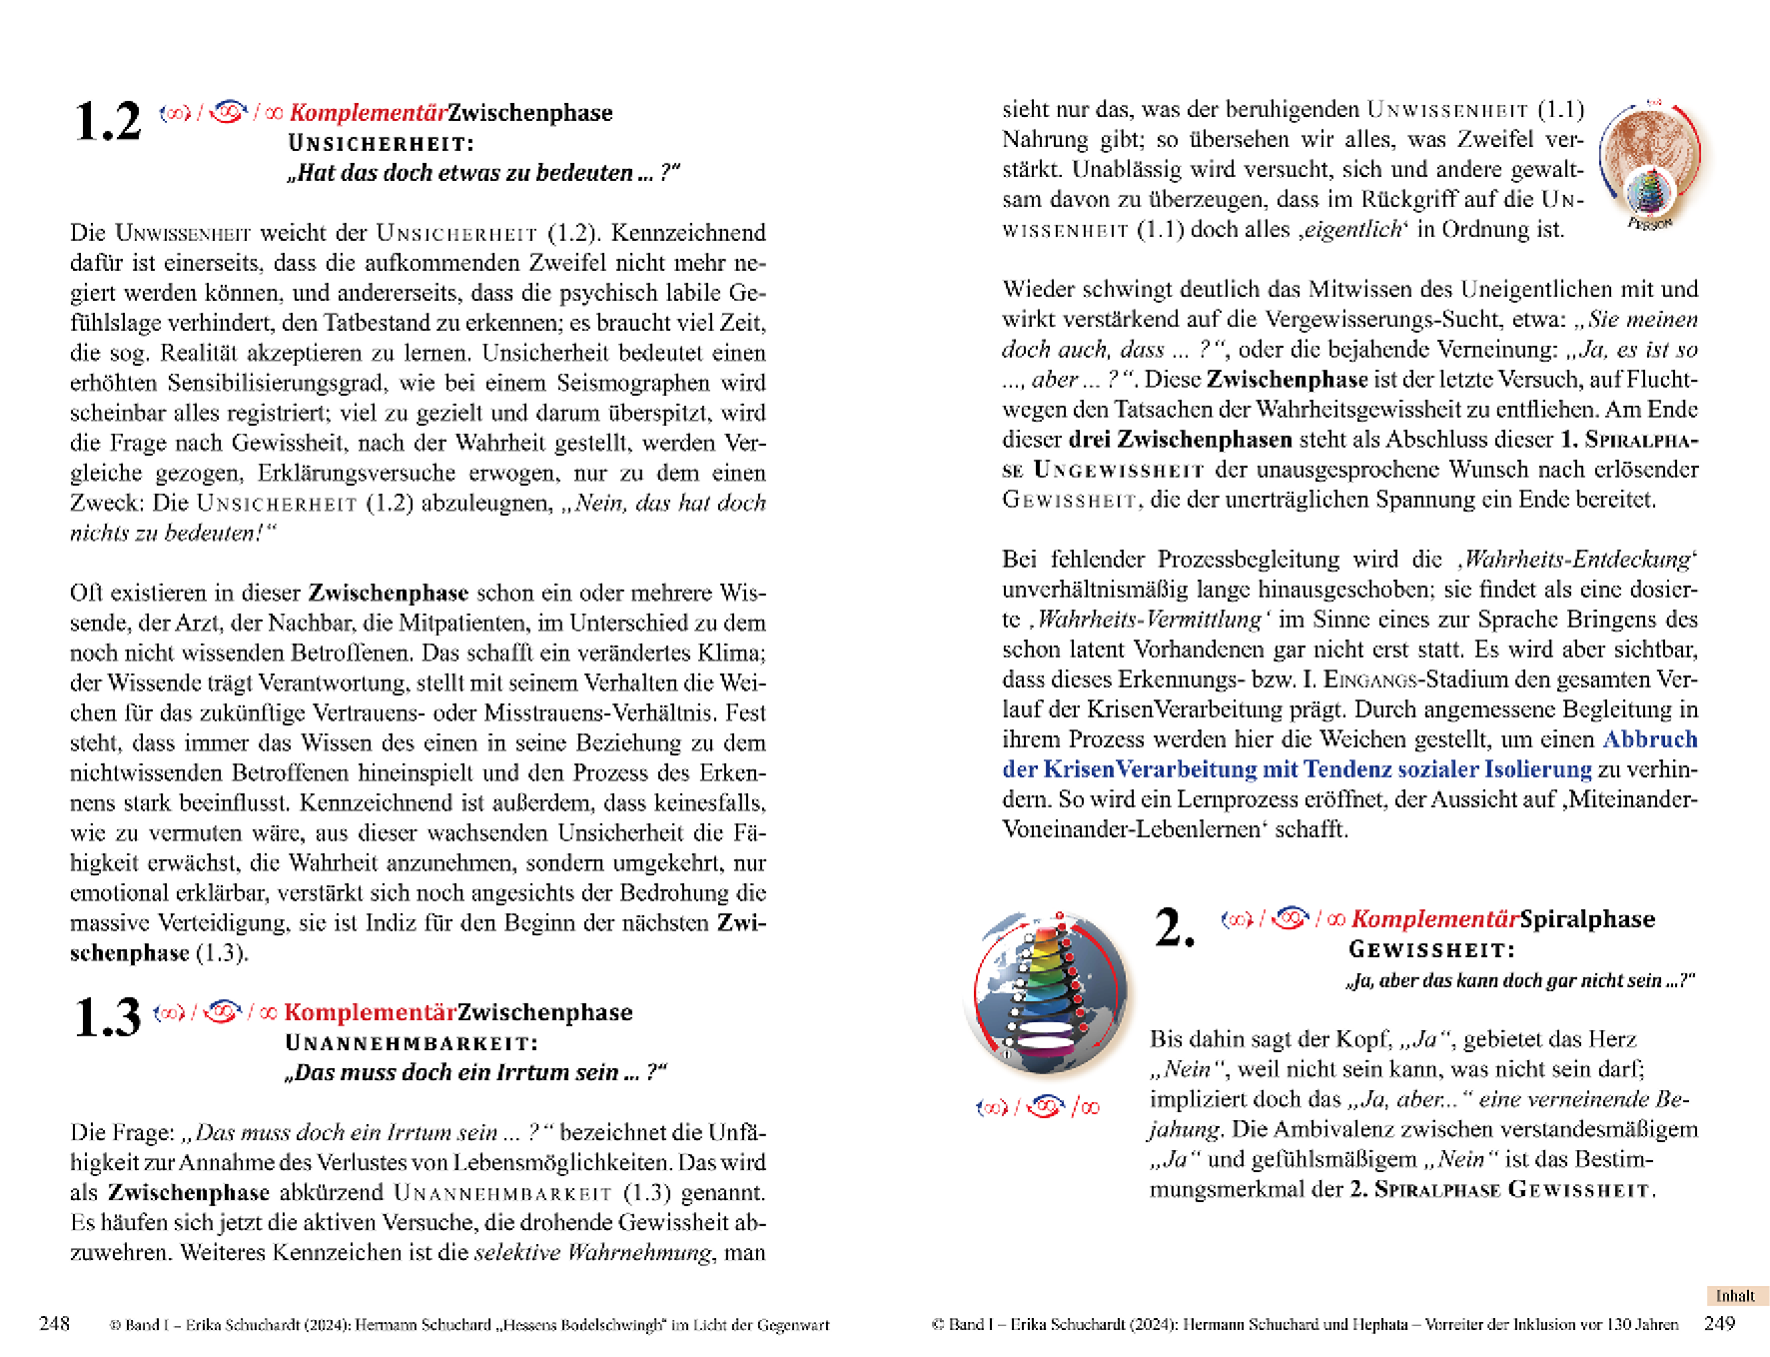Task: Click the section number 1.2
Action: pyautogui.click(x=108, y=123)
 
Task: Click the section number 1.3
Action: pyautogui.click(x=108, y=1019)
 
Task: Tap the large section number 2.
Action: pyautogui.click(x=1175, y=927)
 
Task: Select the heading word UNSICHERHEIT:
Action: pyautogui.click(x=382, y=144)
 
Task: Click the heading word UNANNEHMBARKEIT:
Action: pyautogui.click(x=412, y=1043)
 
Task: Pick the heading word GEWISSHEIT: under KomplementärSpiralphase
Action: pyautogui.click(x=1431, y=950)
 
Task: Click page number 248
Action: pyautogui.click(x=54, y=1324)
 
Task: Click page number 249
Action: pyautogui.click(x=1719, y=1324)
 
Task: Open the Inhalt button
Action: pyautogui.click(x=1735, y=1296)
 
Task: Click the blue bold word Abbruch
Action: pyautogui.click(x=1650, y=739)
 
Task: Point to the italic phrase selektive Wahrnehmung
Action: pyautogui.click(x=594, y=1253)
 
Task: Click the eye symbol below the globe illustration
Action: pyautogui.click(x=1045, y=1106)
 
